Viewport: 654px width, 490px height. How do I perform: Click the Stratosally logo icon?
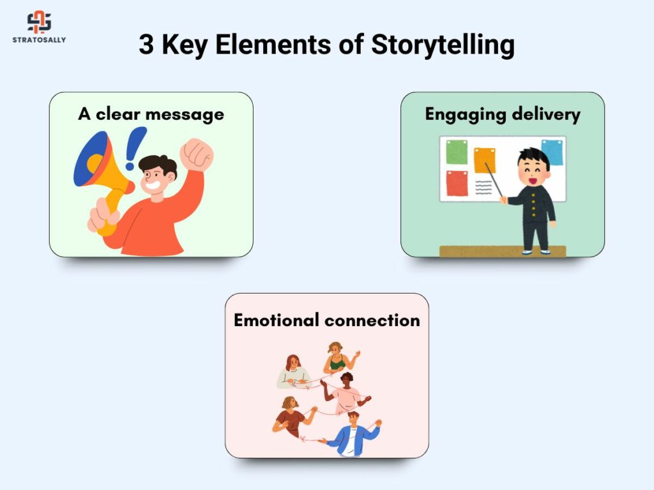pos(39,22)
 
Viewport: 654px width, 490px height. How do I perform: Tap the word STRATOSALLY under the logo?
pos(39,40)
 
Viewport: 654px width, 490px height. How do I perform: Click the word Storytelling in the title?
pos(443,45)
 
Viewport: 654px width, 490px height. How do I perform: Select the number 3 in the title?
pos(146,44)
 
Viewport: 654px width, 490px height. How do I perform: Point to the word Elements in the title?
pos(273,44)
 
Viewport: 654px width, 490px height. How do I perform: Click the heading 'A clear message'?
pos(151,114)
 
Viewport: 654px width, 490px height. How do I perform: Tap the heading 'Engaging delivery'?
pos(503,114)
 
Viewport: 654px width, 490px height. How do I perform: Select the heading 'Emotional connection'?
pos(327,320)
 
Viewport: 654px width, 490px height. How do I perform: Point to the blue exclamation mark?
pos(135,148)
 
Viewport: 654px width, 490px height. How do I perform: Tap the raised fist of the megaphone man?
pos(197,154)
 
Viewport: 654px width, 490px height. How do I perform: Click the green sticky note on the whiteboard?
pos(457,152)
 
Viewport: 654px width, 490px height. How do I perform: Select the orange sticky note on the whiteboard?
pos(485,160)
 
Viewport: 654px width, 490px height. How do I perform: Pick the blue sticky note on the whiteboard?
pos(552,152)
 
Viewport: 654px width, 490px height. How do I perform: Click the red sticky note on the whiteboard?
pos(457,183)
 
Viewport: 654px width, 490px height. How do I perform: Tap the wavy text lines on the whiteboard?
pos(483,188)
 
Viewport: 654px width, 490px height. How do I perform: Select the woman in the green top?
pos(338,359)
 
